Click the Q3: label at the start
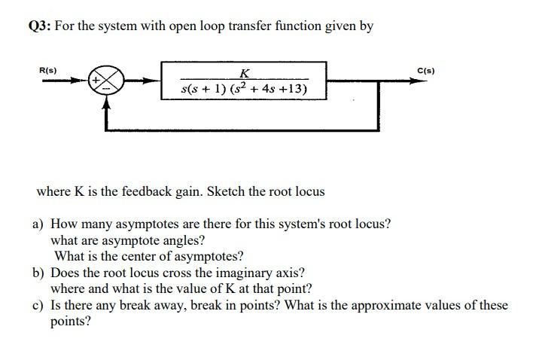pos(38,27)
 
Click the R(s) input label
pos(47,70)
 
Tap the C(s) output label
pos(426,71)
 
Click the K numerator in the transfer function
pos(244,73)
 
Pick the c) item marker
pos(37,306)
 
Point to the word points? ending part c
pos(71,322)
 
